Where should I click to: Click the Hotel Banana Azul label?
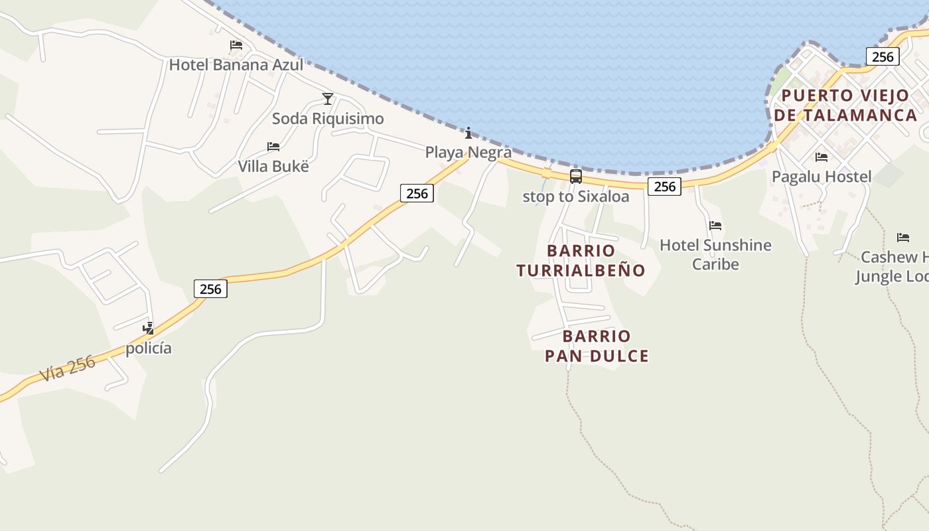point(236,65)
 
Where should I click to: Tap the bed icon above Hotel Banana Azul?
point(236,45)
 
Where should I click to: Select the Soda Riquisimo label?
point(328,119)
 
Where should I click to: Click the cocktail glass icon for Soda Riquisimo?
point(328,99)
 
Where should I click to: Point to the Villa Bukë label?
point(273,166)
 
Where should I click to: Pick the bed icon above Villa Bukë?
point(273,146)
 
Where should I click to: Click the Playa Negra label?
point(468,153)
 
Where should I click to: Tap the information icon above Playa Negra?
point(468,133)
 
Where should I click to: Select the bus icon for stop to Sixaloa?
point(576,177)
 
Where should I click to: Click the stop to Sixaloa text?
point(576,196)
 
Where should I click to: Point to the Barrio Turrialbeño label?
point(581,260)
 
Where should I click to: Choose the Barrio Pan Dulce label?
point(597,346)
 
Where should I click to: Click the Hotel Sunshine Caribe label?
point(715,254)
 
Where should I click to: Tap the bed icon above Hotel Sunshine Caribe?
point(715,226)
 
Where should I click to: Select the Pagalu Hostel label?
point(822,177)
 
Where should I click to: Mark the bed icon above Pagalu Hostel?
point(822,157)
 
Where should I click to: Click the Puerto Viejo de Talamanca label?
point(845,105)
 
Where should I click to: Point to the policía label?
point(149,348)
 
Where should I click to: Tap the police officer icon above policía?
point(149,328)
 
